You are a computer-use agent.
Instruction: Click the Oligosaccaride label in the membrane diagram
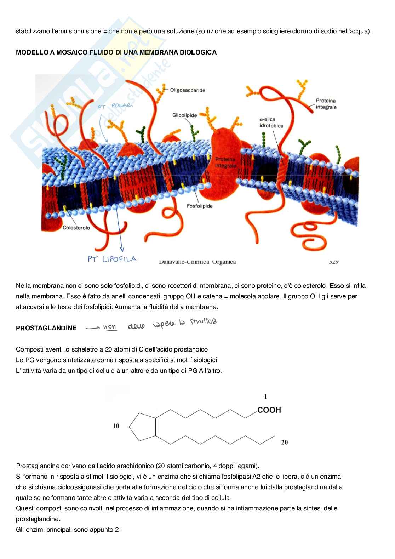click(x=188, y=90)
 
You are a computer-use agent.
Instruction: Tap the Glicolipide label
click(x=184, y=115)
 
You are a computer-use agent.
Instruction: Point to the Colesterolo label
click(x=76, y=228)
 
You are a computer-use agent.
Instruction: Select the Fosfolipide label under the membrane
click(x=200, y=206)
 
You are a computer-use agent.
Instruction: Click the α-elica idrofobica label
click(x=271, y=122)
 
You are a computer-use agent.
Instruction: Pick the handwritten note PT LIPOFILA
click(x=112, y=259)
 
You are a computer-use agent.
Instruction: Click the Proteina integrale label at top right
click(x=326, y=104)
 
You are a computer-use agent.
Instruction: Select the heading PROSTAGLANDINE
click(x=46, y=328)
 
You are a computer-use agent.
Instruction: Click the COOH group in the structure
click(x=269, y=410)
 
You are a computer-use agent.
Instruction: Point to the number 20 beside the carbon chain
click(x=285, y=442)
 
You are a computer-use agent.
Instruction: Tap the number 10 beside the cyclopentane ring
click(x=116, y=426)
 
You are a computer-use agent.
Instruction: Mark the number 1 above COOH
click(x=266, y=397)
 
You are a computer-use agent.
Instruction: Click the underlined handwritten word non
click(x=110, y=327)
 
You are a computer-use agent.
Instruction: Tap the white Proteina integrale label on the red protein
click(x=225, y=162)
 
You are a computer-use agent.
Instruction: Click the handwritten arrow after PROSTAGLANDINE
click(x=93, y=328)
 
